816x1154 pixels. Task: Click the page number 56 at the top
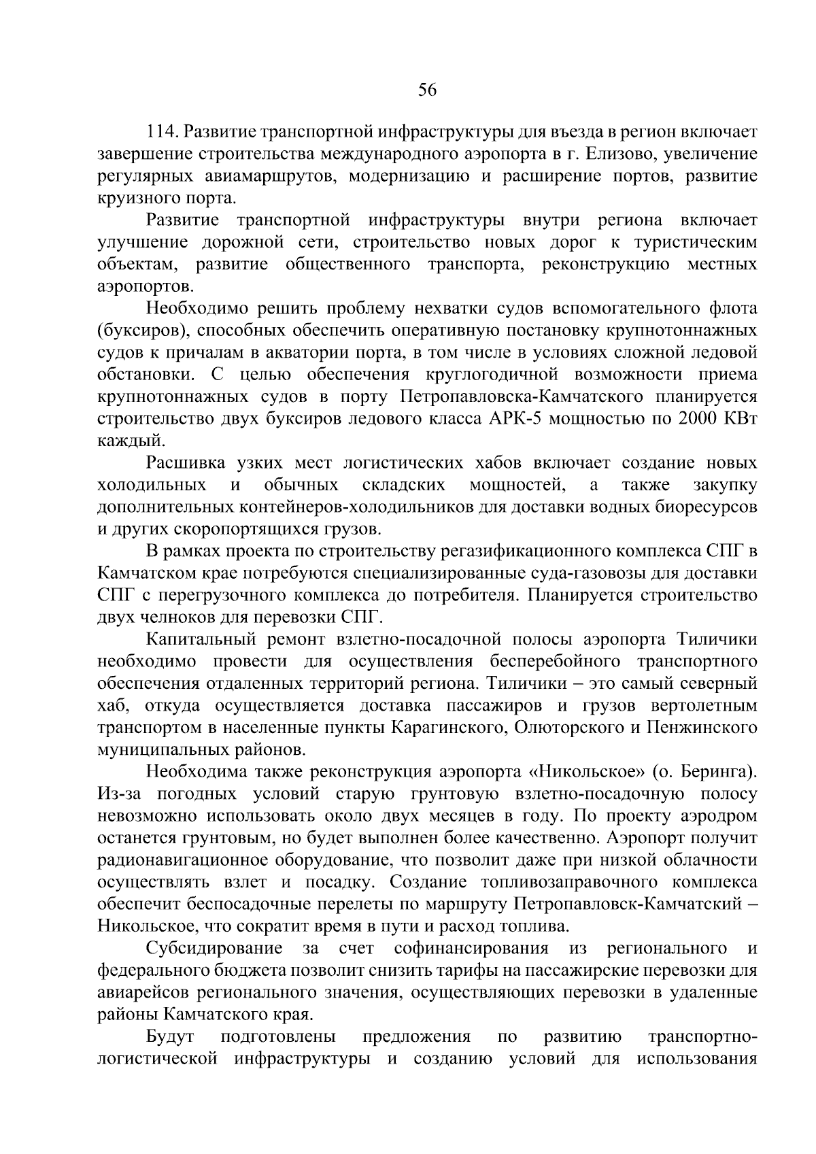[x=427, y=91]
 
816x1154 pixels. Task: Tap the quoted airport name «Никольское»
[x=585, y=772]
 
